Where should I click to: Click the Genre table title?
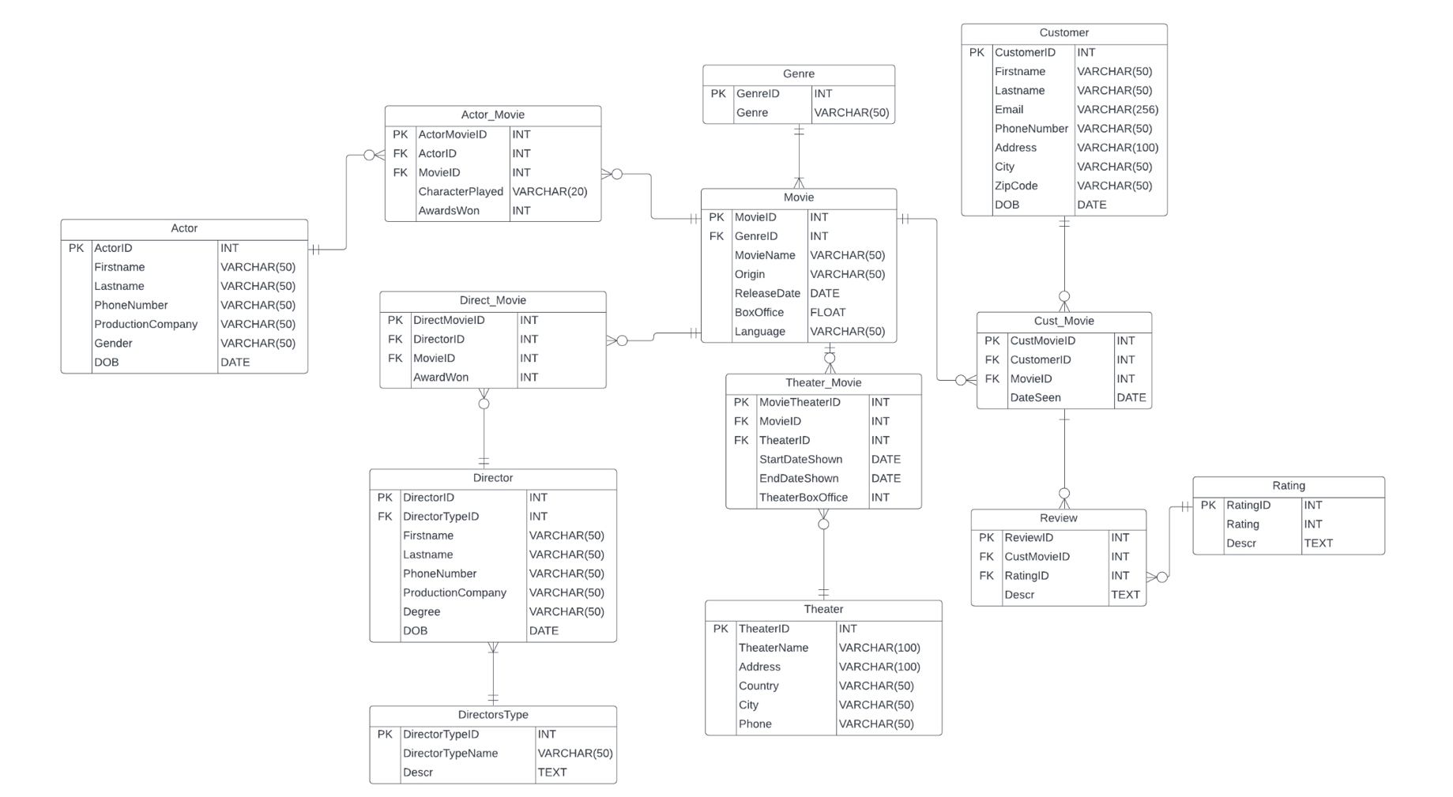[x=798, y=74]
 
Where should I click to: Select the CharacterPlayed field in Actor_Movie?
[x=461, y=192]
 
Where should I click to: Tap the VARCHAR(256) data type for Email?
[x=1117, y=110]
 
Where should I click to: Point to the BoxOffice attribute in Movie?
[x=759, y=313]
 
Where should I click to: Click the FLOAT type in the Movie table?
[x=827, y=313]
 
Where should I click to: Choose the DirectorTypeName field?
[x=450, y=754]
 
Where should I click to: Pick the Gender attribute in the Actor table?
[x=113, y=344]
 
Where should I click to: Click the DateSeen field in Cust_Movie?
[x=1035, y=398]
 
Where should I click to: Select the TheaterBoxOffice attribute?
[x=803, y=498]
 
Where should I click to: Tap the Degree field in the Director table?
[x=421, y=612]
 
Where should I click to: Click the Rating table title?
[x=1288, y=486]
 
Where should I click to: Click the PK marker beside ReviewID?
[x=986, y=538]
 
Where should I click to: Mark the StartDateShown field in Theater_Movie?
[x=800, y=460]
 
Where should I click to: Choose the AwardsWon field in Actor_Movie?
[x=449, y=211]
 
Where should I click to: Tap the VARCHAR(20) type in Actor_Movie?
[x=549, y=192]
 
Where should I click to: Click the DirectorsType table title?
[x=492, y=715]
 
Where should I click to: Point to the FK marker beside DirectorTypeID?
[x=385, y=517]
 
